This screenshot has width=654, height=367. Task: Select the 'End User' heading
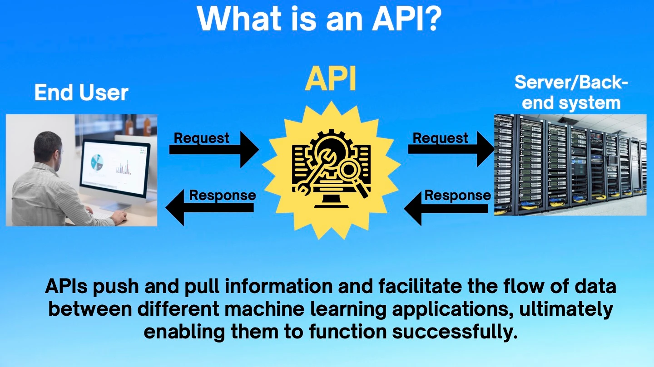[x=81, y=93]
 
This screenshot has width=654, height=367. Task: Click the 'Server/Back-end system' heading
[x=571, y=93]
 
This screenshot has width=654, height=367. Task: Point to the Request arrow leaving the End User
[x=213, y=149]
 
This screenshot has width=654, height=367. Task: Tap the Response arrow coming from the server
[x=447, y=208]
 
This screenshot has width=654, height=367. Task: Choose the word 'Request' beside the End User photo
[x=202, y=138]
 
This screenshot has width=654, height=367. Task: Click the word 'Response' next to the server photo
[x=457, y=196]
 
